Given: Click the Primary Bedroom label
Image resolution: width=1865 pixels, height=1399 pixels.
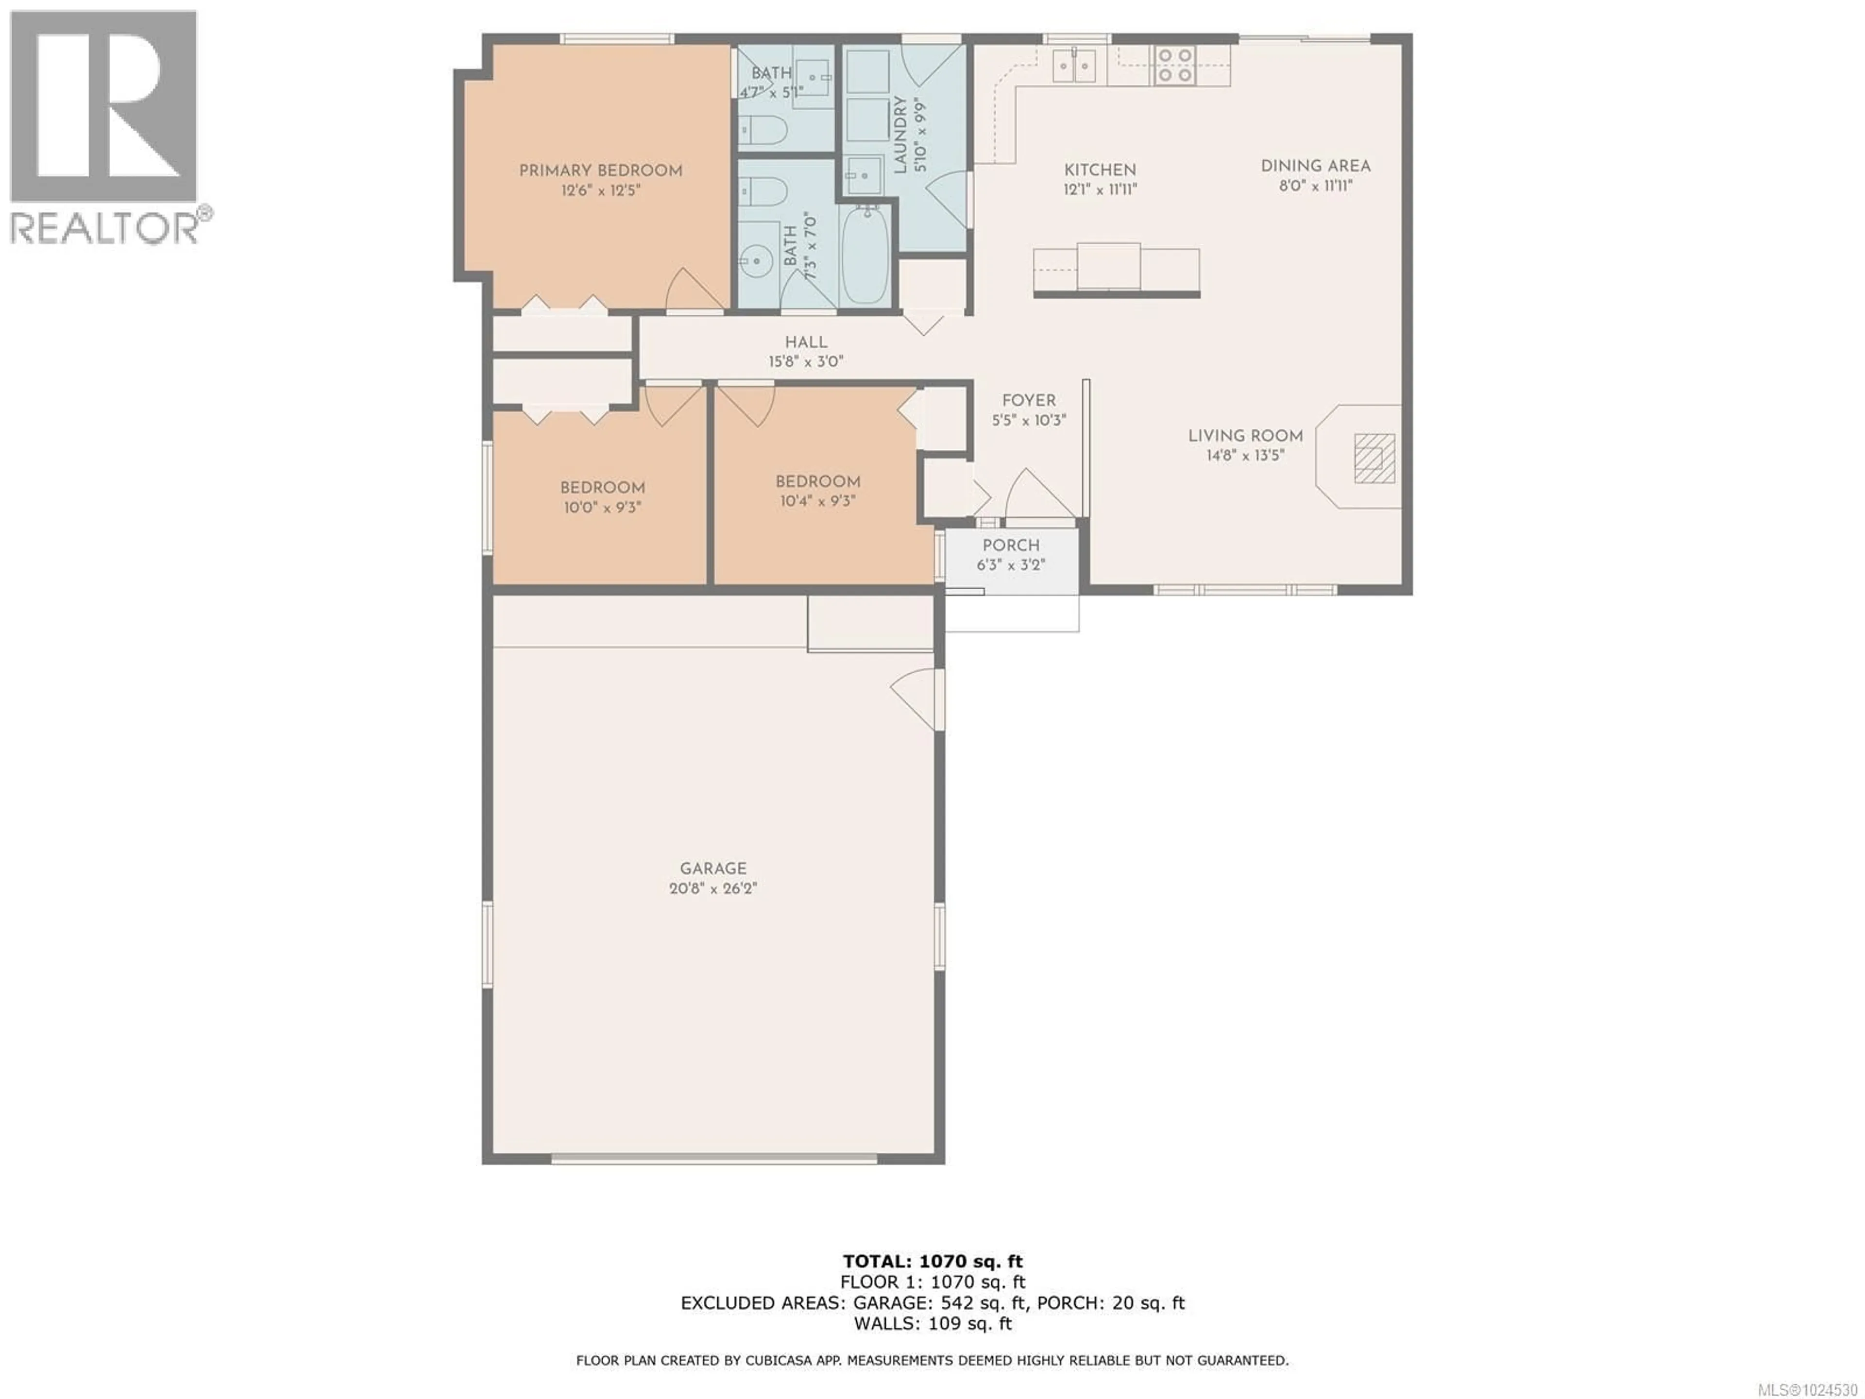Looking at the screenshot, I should [600, 171].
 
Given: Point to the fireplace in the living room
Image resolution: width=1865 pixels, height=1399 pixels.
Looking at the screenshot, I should [1374, 458].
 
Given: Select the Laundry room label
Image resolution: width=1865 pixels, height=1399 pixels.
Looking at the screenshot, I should [899, 135].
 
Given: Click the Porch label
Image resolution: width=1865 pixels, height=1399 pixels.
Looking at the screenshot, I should [1010, 546].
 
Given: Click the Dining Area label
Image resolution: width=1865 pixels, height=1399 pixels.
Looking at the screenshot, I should [1315, 166].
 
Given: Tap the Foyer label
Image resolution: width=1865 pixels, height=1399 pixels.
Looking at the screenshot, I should [1029, 401].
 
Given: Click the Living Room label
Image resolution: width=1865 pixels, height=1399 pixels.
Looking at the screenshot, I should [1245, 436].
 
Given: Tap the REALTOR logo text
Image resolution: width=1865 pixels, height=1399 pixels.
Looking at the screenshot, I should [105, 228].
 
